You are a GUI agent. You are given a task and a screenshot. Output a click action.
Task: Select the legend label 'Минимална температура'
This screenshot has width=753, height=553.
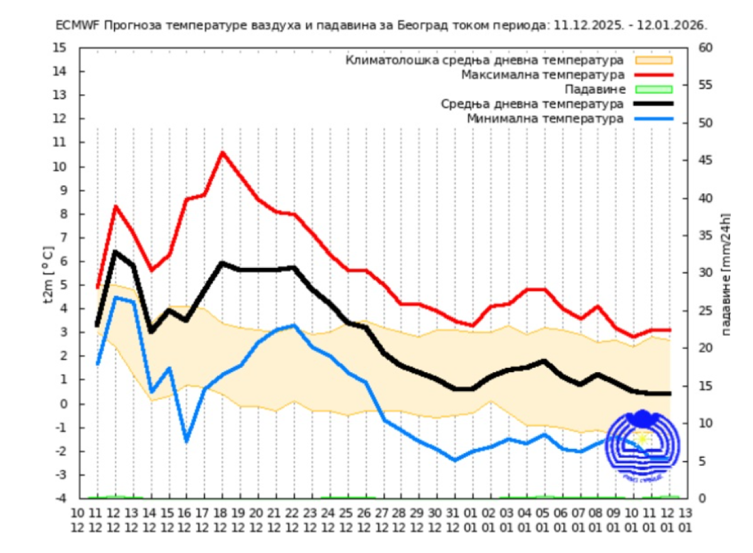click(x=545, y=118)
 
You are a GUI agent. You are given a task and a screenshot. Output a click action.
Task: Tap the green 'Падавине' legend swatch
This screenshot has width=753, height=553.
click(x=654, y=89)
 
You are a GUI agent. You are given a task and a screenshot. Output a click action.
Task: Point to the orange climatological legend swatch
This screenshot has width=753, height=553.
click(x=654, y=60)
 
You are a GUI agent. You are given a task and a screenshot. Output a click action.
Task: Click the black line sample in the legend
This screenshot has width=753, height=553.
click(x=654, y=104)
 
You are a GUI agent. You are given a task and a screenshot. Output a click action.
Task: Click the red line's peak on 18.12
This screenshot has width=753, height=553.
click(x=222, y=152)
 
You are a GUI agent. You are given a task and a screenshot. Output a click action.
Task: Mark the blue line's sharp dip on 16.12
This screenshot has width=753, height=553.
click(x=186, y=441)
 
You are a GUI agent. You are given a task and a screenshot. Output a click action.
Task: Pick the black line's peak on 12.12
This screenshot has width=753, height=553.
click(x=115, y=252)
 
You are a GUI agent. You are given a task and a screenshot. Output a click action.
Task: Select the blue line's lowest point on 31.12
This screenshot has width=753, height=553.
click(x=455, y=460)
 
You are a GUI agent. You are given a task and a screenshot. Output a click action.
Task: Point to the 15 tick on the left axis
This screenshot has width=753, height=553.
click(x=60, y=48)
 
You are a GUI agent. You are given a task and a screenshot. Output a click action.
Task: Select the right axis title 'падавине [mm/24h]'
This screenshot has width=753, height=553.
click(x=727, y=274)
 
